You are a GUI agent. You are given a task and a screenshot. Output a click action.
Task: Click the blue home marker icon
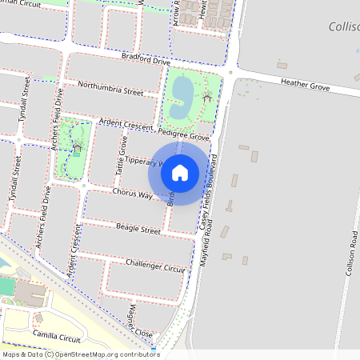(x=179, y=172)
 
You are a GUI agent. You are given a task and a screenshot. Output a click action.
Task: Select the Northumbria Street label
(x=110, y=89)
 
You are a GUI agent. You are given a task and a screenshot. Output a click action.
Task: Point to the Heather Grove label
(x=305, y=83)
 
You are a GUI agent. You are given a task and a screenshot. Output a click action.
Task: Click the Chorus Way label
(x=132, y=194)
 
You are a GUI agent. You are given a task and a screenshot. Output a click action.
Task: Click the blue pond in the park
(x=182, y=93)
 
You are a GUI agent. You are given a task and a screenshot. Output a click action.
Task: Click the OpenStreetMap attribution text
(x=80, y=354)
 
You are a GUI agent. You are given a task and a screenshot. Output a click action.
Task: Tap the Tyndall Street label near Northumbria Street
(x=26, y=96)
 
